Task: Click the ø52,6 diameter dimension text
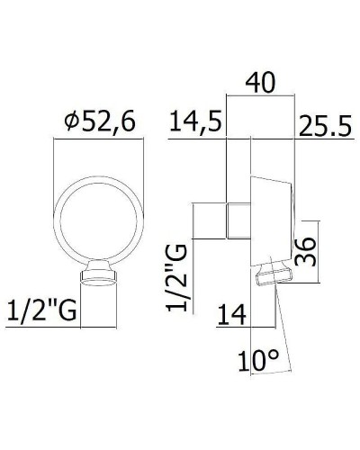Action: [98, 123]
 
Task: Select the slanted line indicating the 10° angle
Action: [285, 324]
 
